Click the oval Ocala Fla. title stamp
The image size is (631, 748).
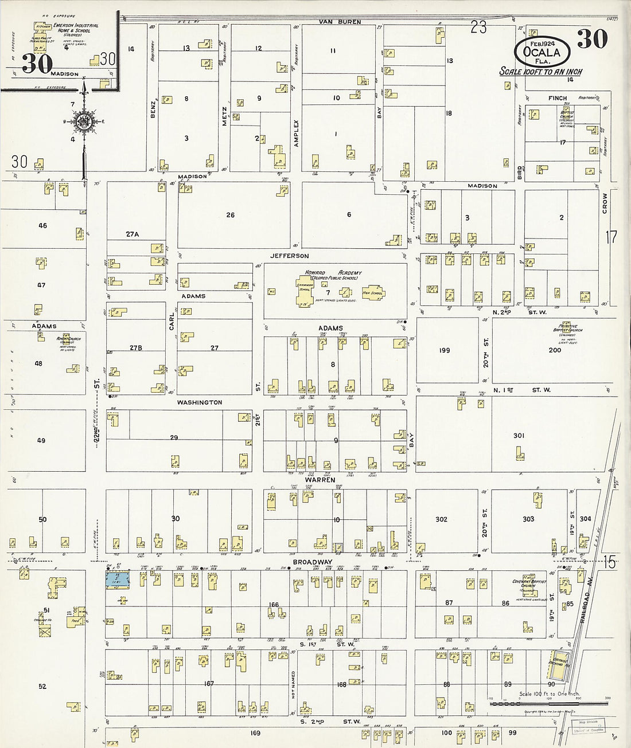(542, 52)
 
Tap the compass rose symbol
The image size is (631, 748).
(84, 122)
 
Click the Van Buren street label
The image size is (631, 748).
(340, 22)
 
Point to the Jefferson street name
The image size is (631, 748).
(290, 256)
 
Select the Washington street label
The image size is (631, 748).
(199, 402)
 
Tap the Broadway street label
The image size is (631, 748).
(313, 562)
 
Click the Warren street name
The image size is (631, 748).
(320, 480)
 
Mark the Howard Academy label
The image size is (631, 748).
(333, 273)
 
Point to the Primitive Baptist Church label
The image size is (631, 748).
(567, 328)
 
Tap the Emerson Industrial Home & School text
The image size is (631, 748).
(76, 28)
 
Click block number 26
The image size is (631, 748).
(230, 215)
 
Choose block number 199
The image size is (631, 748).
(445, 350)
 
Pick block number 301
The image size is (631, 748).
(519, 436)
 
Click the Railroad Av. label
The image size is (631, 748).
(585, 608)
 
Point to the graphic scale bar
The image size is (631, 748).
(548, 703)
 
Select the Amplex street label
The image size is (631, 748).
(297, 134)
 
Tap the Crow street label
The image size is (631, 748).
(605, 203)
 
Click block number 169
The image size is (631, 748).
(255, 733)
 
